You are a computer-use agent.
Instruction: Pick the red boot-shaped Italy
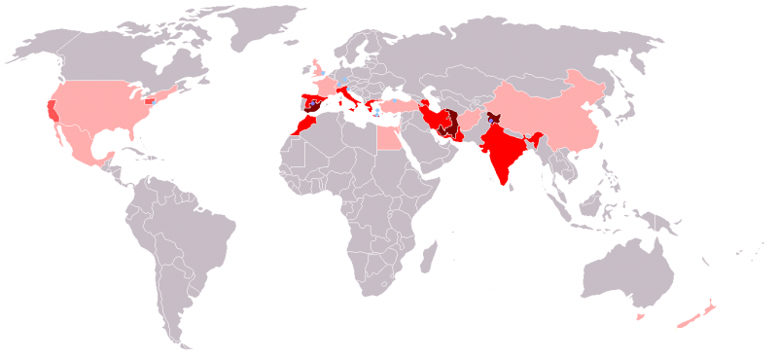tap(348, 98)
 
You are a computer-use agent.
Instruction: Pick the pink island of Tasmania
tap(640, 316)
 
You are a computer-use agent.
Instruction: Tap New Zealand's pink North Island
tap(710, 303)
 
